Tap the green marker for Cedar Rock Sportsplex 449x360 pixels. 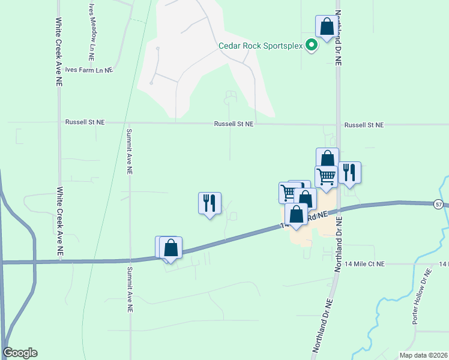coord(312,45)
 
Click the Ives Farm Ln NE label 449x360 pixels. coord(89,70)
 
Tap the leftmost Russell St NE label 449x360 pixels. coord(85,122)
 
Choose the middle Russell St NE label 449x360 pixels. coord(234,124)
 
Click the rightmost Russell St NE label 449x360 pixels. coord(364,125)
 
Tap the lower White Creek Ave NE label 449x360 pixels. coord(59,223)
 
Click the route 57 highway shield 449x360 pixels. coord(439,205)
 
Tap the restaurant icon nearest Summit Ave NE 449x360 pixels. coord(209,203)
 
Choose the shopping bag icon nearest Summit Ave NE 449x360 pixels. coord(171,247)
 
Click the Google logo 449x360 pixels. coord(20,353)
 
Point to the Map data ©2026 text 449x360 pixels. coord(423,355)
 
